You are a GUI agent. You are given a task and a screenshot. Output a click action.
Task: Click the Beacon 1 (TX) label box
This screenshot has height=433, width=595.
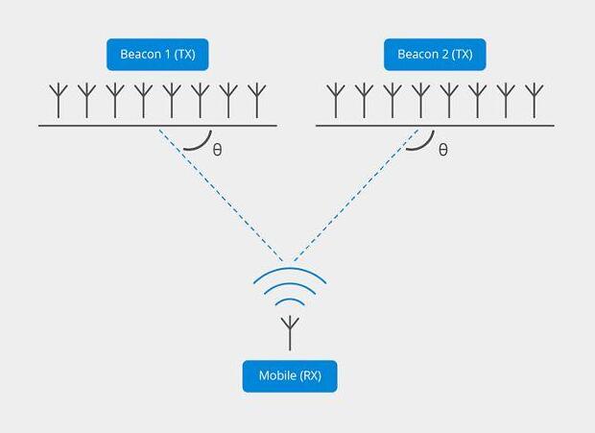(x=157, y=54)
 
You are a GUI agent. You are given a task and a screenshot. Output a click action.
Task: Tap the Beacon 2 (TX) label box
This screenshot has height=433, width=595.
(x=435, y=54)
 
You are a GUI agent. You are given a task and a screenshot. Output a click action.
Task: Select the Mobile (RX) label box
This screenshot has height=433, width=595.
(x=290, y=375)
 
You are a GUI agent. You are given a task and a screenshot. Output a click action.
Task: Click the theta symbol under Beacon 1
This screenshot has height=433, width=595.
(x=217, y=151)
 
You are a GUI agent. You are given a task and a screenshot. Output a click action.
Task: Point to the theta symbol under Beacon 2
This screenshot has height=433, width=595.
(x=442, y=150)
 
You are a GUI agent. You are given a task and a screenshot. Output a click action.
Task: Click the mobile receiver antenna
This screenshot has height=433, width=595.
(x=290, y=332)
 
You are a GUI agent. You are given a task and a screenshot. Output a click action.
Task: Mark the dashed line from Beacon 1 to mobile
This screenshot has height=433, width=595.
(x=221, y=193)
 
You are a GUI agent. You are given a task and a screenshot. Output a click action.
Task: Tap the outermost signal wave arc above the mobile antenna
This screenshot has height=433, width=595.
(x=290, y=272)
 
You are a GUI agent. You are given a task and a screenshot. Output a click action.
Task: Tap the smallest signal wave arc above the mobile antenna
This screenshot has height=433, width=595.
(x=290, y=301)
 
